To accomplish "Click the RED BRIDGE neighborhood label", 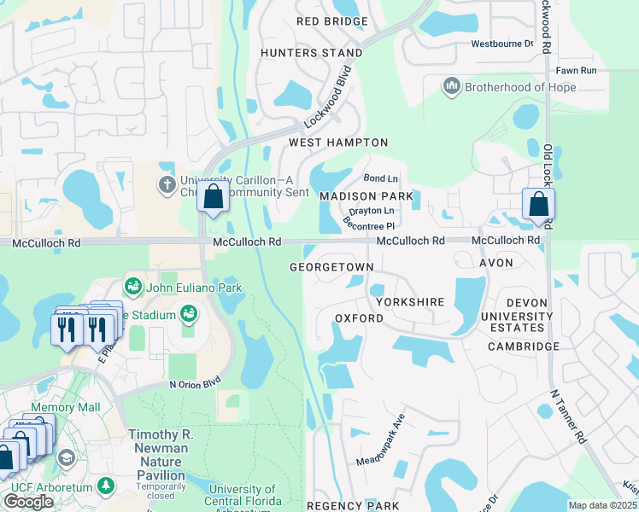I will (332, 21).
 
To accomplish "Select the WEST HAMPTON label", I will (338, 143).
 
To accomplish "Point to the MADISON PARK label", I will (366, 196).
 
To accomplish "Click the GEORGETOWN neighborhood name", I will (331, 267).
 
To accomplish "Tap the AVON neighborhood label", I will (495, 263).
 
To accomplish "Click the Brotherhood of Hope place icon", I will (450, 86).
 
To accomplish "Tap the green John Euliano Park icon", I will (132, 285).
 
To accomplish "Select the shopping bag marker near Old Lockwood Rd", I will (538, 205).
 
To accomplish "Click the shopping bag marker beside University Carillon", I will (213, 195).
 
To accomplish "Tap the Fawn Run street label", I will (576, 70).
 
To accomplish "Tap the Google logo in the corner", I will (28, 502).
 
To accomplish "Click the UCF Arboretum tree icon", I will (106, 486).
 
